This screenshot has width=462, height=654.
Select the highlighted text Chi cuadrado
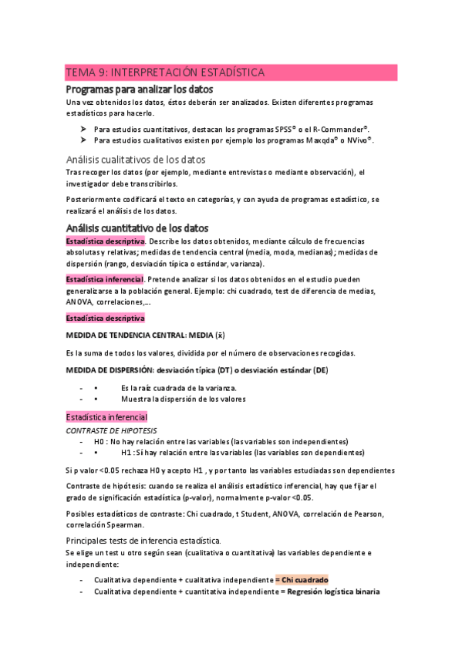point(305,579)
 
